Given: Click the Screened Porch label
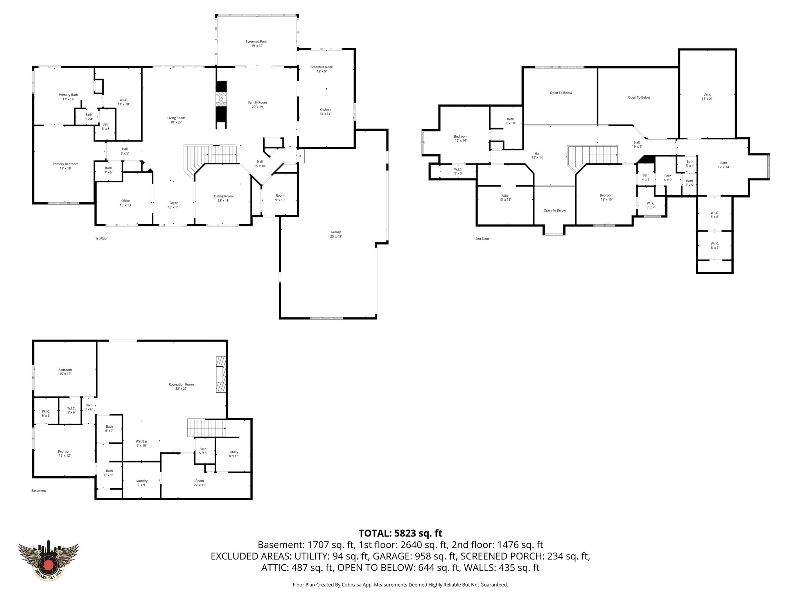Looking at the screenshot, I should tap(257, 43).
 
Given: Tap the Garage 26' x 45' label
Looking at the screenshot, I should tap(336, 234).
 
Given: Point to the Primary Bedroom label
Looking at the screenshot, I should tap(65, 166).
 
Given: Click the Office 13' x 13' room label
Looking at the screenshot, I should tap(125, 203).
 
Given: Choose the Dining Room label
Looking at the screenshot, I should tap(223, 198).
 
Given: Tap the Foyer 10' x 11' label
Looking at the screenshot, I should tap(173, 205).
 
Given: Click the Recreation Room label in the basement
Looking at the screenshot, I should tap(181, 387).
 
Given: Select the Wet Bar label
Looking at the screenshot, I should tap(142, 443).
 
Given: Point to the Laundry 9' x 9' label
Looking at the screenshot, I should tap(142, 483).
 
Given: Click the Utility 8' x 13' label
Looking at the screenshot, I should tap(234, 454).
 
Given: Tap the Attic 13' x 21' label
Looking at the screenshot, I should tap(707, 97).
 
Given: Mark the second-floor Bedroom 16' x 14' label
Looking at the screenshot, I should tap(460, 139).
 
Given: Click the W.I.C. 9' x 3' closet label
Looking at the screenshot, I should tap(458, 171).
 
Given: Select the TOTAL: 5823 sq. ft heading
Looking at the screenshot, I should tap(400, 533).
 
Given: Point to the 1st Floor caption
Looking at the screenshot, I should tap(101, 238).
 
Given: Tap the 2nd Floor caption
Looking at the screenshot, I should tap(482, 239).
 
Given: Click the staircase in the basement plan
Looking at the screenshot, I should tap(207, 428).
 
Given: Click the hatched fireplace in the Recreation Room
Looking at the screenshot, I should tap(221, 374).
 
